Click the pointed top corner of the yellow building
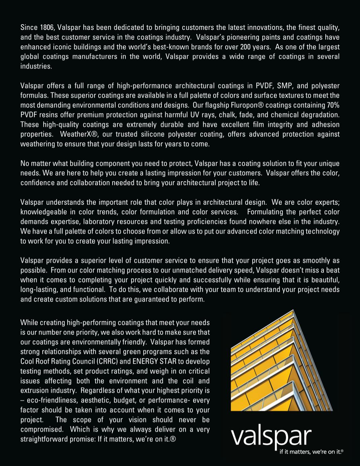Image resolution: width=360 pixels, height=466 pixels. tap(293, 311)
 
